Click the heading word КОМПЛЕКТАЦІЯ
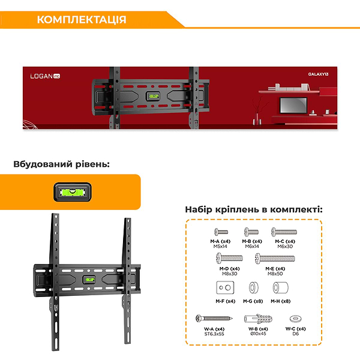click(x=82, y=20)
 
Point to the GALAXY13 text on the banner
click(x=318, y=74)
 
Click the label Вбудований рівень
click(x=61, y=164)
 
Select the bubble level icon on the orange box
click(x=70, y=192)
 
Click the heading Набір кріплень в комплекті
click(x=253, y=209)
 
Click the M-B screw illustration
click(x=251, y=232)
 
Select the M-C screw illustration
click(x=284, y=232)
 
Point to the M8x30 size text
click(x=227, y=274)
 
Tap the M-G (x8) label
click(x=252, y=301)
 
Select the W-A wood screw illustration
click(x=214, y=318)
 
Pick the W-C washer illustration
click(x=296, y=317)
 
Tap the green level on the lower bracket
click(x=89, y=280)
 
